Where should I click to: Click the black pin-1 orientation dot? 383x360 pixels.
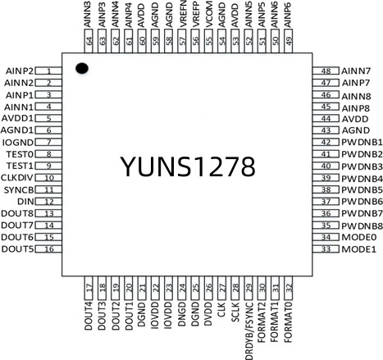pyautogui.click(x=82, y=68)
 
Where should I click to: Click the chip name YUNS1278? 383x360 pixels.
pyautogui.click(x=188, y=166)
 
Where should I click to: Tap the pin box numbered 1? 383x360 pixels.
pyautogui.click(x=48, y=71)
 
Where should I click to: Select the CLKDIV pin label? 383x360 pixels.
pyautogui.click(x=17, y=178)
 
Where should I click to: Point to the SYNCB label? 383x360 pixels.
pyautogui.click(x=19, y=189)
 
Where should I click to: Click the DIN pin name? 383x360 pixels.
pyautogui.click(x=25, y=202)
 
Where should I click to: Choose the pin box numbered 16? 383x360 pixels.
pyautogui.click(x=48, y=249)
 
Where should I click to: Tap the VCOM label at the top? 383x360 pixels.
pyautogui.click(x=208, y=14)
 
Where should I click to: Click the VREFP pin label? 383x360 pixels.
pyautogui.click(x=195, y=14)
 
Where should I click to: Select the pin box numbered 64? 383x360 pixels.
pyautogui.click(x=89, y=41)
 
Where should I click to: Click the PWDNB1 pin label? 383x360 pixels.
pyautogui.click(x=362, y=142)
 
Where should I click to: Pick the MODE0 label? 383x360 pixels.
pyautogui.click(x=359, y=237)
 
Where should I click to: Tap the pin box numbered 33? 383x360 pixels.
pyautogui.click(x=326, y=249)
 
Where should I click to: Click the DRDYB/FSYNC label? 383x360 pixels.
pyautogui.click(x=248, y=330)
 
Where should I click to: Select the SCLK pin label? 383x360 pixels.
pyautogui.click(x=235, y=312)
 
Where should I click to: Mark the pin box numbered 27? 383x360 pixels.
pyautogui.click(x=222, y=288)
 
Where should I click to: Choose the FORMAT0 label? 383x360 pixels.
pyautogui.click(x=288, y=322)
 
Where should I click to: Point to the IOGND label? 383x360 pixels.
pyautogui.click(x=18, y=143)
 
